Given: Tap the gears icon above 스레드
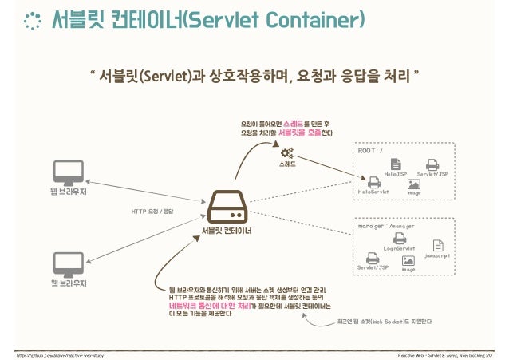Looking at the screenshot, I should [x=286, y=151].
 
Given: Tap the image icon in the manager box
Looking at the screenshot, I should [x=408, y=260].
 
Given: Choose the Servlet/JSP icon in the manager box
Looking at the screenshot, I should [x=373, y=258].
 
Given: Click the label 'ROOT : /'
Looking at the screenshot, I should [x=370, y=149].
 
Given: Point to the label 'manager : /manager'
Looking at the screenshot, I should [x=387, y=226].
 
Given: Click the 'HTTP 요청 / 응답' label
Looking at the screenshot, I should [x=152, y=212].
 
